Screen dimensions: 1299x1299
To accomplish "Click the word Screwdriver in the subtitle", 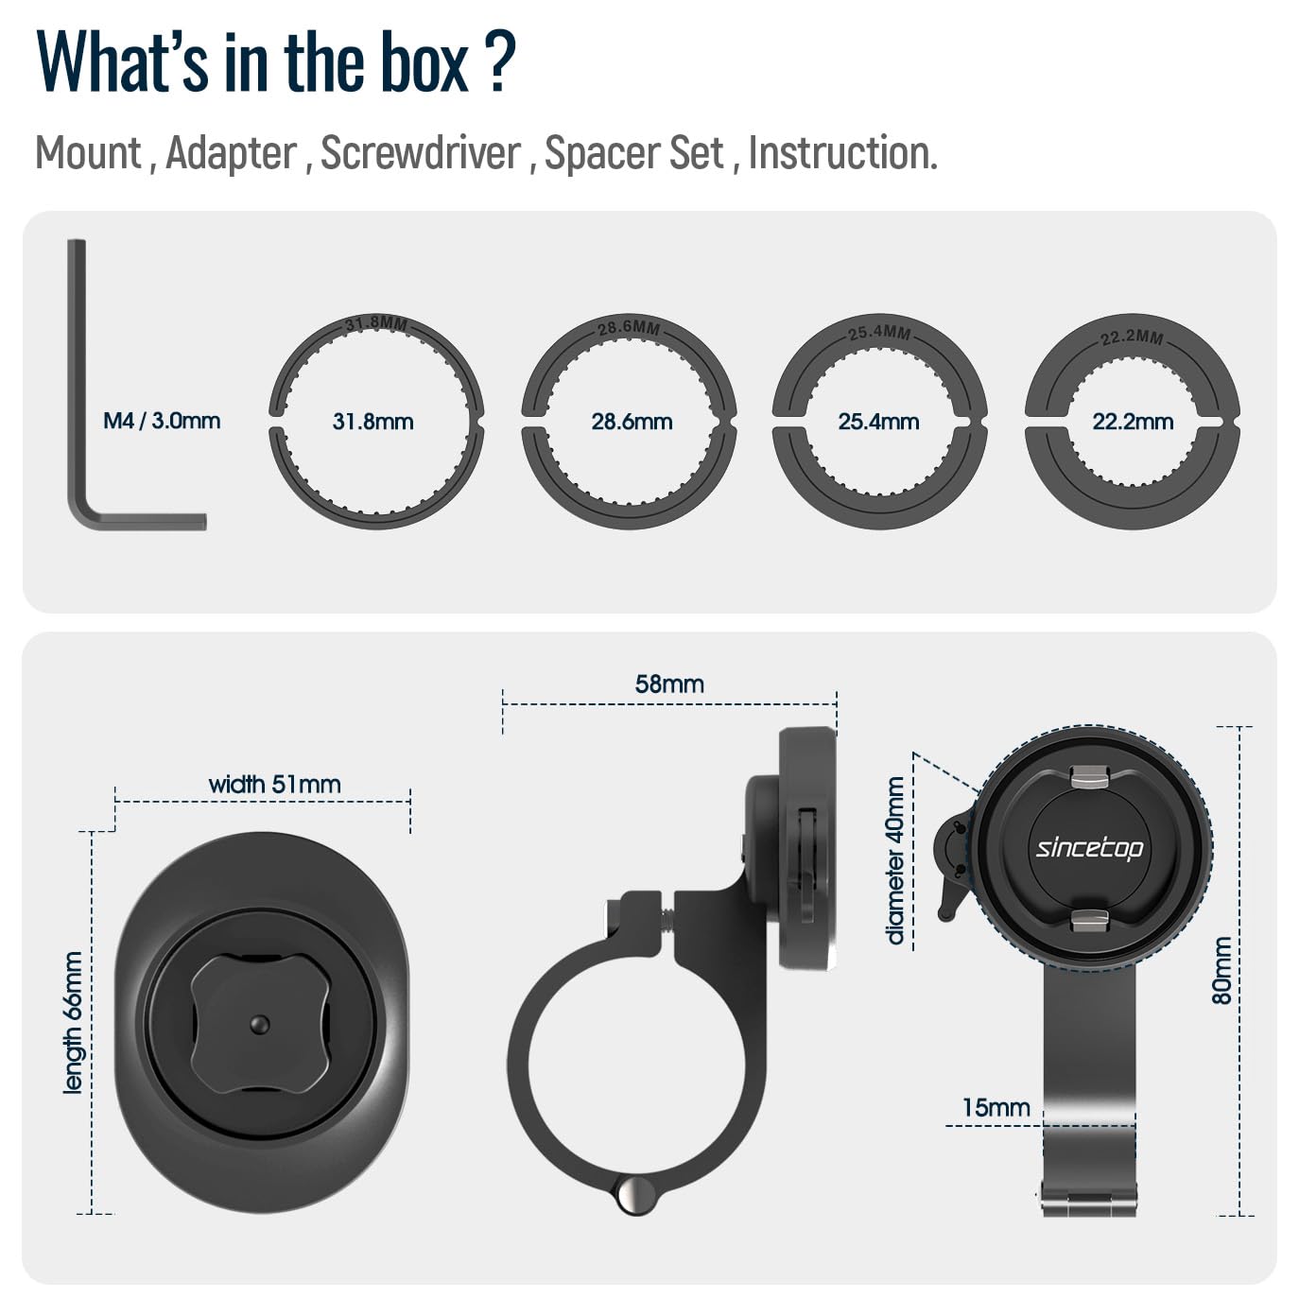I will [421, 153].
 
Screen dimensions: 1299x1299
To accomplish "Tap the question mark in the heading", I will [502, 62].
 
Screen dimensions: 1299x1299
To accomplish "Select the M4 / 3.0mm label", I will [162, 421].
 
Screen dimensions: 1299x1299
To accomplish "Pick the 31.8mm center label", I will [372, 422].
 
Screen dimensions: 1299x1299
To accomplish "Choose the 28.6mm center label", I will [632, 422].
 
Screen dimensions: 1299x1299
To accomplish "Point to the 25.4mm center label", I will [878, 422].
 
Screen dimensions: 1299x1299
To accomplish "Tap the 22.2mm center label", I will [1133, 422].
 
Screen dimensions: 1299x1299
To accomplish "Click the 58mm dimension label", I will [669, 684].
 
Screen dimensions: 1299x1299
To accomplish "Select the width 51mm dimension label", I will [274, 784].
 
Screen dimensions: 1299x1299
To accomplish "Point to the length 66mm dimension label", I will [73, 1023].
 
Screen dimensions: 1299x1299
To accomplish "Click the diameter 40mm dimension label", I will [895, 860].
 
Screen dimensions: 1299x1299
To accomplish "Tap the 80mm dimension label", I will [1221, 971].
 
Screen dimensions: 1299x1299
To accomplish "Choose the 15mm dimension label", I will [996, 1107].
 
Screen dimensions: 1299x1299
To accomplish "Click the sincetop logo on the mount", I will [1089, 847].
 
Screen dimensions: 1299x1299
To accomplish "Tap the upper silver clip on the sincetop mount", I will [1089, 778].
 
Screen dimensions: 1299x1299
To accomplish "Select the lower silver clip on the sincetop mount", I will [1089, 918].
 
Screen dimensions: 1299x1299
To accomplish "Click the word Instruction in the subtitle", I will [841, 153].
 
